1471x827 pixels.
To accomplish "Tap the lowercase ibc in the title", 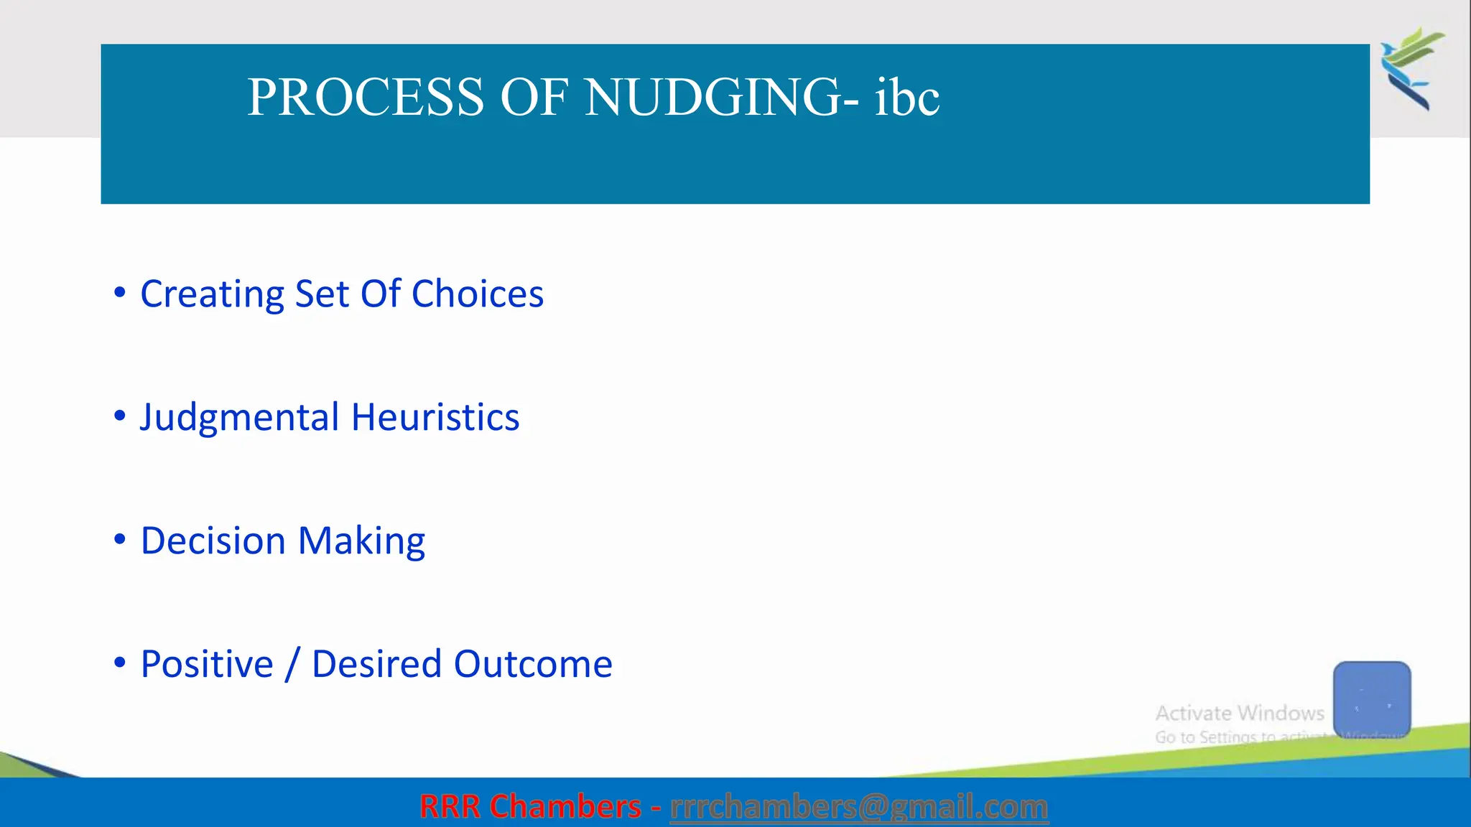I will pyautogui.click(x=906, y=98).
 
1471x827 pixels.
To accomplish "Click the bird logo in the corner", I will pyautogui.click(x=1411, y=68).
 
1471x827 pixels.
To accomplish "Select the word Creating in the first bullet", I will pyautogui.click(x=212, y=294).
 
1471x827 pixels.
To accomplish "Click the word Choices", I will pyautogui.click(x=477, y=294).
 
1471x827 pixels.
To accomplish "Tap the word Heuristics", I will pyautogui.click(x=435, y=418).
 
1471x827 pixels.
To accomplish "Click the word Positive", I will pyautogui.click(x=207, y=664).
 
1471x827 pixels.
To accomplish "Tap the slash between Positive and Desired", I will pyautogui.click(x=292, y=664).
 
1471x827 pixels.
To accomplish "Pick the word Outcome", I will pyautogui.click(x=533, y=664).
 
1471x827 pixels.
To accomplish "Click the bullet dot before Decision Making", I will pyautogui.click(x=120, y=539).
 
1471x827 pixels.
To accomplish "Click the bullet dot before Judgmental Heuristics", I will pyautogui.click(x=120, y=416).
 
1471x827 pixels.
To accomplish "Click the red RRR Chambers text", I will pyautogui.click(x=530, y=807).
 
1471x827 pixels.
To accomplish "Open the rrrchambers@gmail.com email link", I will pyautogui.click(x=858, y=807).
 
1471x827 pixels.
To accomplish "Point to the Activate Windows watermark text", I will pyautogui.click(x=1239, y=714).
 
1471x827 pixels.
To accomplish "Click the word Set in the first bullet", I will pyautogui.click(x=322, y=294).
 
